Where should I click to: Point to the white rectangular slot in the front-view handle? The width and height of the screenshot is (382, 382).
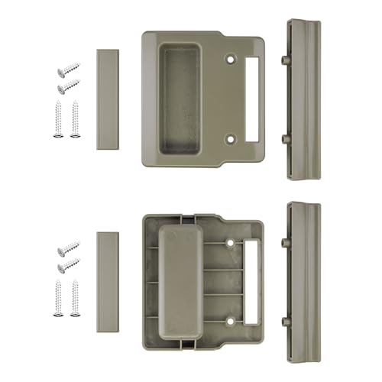pyautogui.click(x=251, y=98)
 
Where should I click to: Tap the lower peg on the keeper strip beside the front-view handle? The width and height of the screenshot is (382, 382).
pyautogui.click(x=284, y=138)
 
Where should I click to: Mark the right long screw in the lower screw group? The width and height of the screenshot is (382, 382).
pyautogui.click(x=74, y=299)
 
